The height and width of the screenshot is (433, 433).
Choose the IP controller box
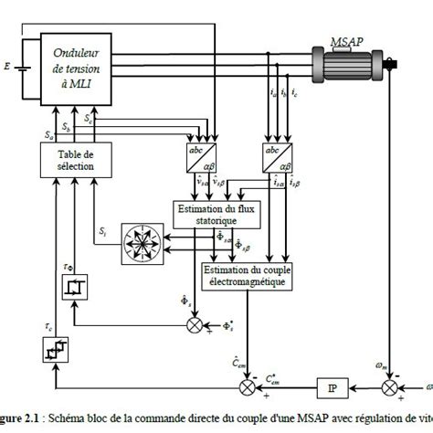point(330,389)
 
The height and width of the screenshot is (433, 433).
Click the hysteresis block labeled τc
point(55,349)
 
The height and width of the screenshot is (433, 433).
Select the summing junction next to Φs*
point(194,324)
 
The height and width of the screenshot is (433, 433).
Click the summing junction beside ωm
point(390,389)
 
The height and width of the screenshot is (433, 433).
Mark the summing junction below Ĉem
point(243,388)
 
